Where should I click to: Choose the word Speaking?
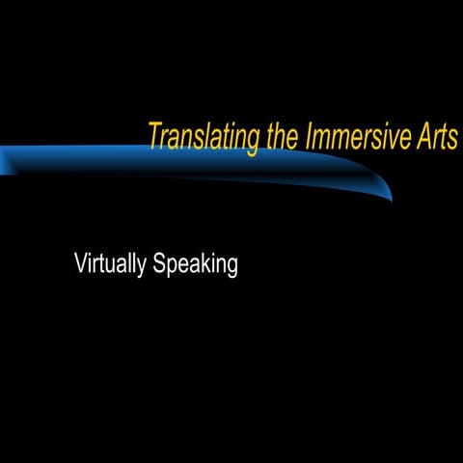click(195, 264)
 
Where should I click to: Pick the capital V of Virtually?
click(81, 263)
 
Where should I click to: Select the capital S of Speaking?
click(159, 263)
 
